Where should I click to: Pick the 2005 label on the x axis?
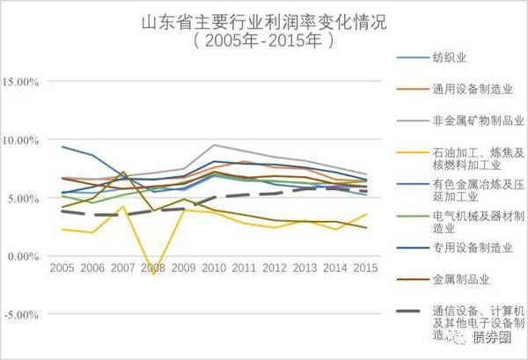(62, 266)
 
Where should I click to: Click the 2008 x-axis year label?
(153, 266)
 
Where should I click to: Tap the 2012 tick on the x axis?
(275, 266)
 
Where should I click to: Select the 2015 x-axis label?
(366, 266)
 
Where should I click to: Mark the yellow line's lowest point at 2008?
(153, 275)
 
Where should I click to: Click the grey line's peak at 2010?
(214, 145)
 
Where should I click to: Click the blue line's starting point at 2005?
(62, 147)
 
